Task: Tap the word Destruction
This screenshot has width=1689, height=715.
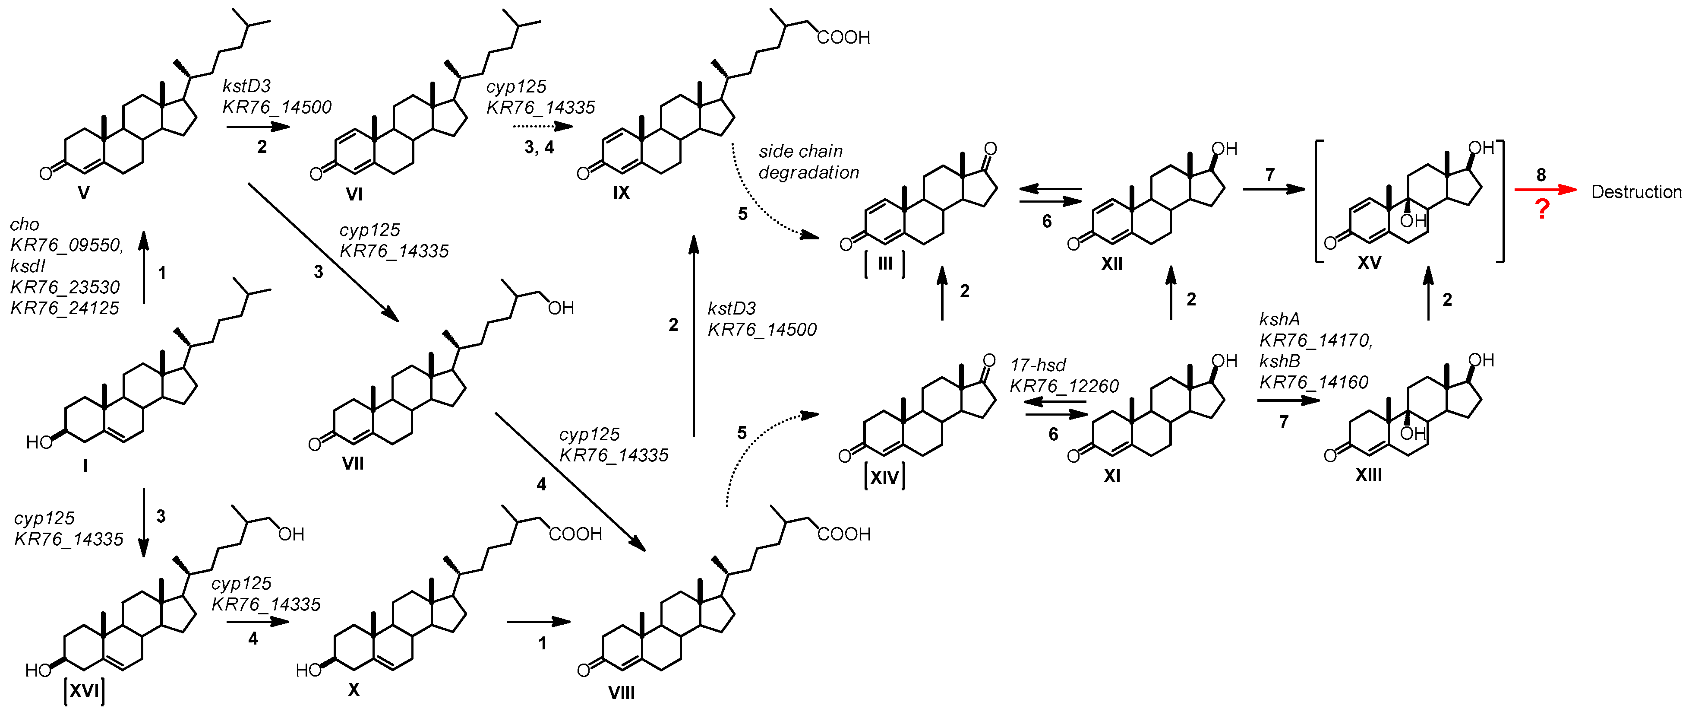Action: pos(1636,192)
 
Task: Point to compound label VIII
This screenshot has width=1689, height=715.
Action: pos(621,693)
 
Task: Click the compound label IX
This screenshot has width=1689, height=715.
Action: pos(621,193)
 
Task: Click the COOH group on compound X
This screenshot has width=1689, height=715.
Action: pos(575,534)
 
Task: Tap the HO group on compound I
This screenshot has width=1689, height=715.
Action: pos(39,443)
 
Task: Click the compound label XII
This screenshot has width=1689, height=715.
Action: pos(1111,264)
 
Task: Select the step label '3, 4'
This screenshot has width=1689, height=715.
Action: pos(539,148)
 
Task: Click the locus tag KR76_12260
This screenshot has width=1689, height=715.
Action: pos(1064,386)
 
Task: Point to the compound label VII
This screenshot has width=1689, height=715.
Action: pos(353,464)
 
